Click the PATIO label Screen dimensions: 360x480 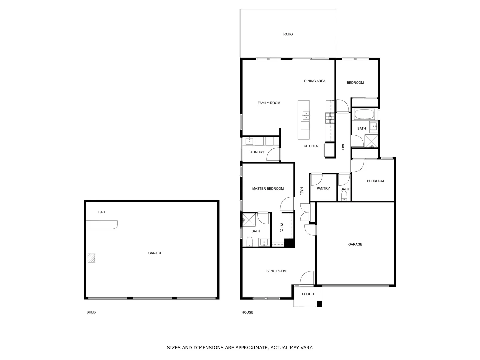tap(288, 34)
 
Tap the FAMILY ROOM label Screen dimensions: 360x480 tap(269, 103)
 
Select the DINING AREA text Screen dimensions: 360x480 tap(314, 81)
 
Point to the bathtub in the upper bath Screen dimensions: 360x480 tap(364, 115)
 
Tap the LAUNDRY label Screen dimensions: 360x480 tap(256, 152)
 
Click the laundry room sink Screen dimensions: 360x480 tap(249, 141)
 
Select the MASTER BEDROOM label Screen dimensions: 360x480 tap(268, 189)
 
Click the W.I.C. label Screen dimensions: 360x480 tap(282, 228)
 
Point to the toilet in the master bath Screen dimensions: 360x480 tap(249, 241)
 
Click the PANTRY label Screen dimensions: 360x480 tap(323, 189)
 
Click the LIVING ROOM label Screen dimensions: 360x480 tap(275, 271)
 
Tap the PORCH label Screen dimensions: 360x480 tap(308, 294)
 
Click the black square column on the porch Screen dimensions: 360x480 tap(319, 304)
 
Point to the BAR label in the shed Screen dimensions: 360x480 tap(102, 212)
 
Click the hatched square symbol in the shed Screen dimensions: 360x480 tap(91, 258)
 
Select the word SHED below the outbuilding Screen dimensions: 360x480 tap(91, 312)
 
